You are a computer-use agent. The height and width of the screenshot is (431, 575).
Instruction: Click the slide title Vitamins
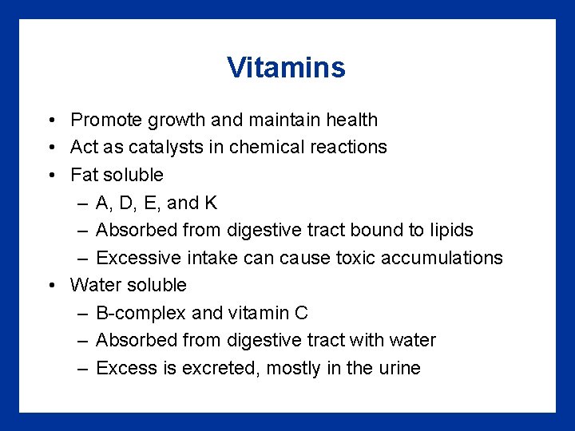(286, 68)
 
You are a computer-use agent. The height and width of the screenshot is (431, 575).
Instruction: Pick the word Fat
(84, 175)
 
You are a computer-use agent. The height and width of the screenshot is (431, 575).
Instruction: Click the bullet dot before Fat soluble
(50, 175)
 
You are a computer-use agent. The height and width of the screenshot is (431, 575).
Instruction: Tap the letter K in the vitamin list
(211, 203)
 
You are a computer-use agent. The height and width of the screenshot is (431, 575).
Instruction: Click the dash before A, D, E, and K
(82, 203)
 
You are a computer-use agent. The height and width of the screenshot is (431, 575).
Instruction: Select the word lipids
(450, 230)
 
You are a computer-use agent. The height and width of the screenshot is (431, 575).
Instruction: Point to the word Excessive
(138, 258)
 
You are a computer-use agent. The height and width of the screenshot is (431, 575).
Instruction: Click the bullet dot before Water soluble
(50, 285)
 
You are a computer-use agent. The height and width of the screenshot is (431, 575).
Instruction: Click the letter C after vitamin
(301, 313)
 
